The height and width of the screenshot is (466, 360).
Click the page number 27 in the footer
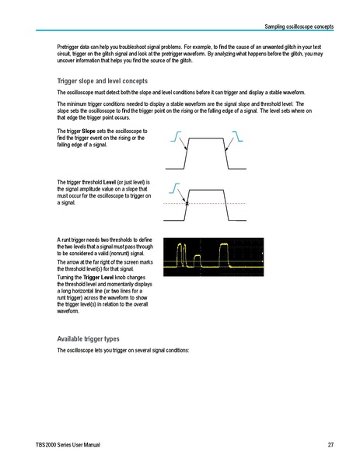pyautogui.click(x=330, y=444)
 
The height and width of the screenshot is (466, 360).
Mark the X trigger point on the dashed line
pyautogui.click(x=187, y=204)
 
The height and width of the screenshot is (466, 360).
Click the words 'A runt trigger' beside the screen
pyautogui.click(x=77, y=240)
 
